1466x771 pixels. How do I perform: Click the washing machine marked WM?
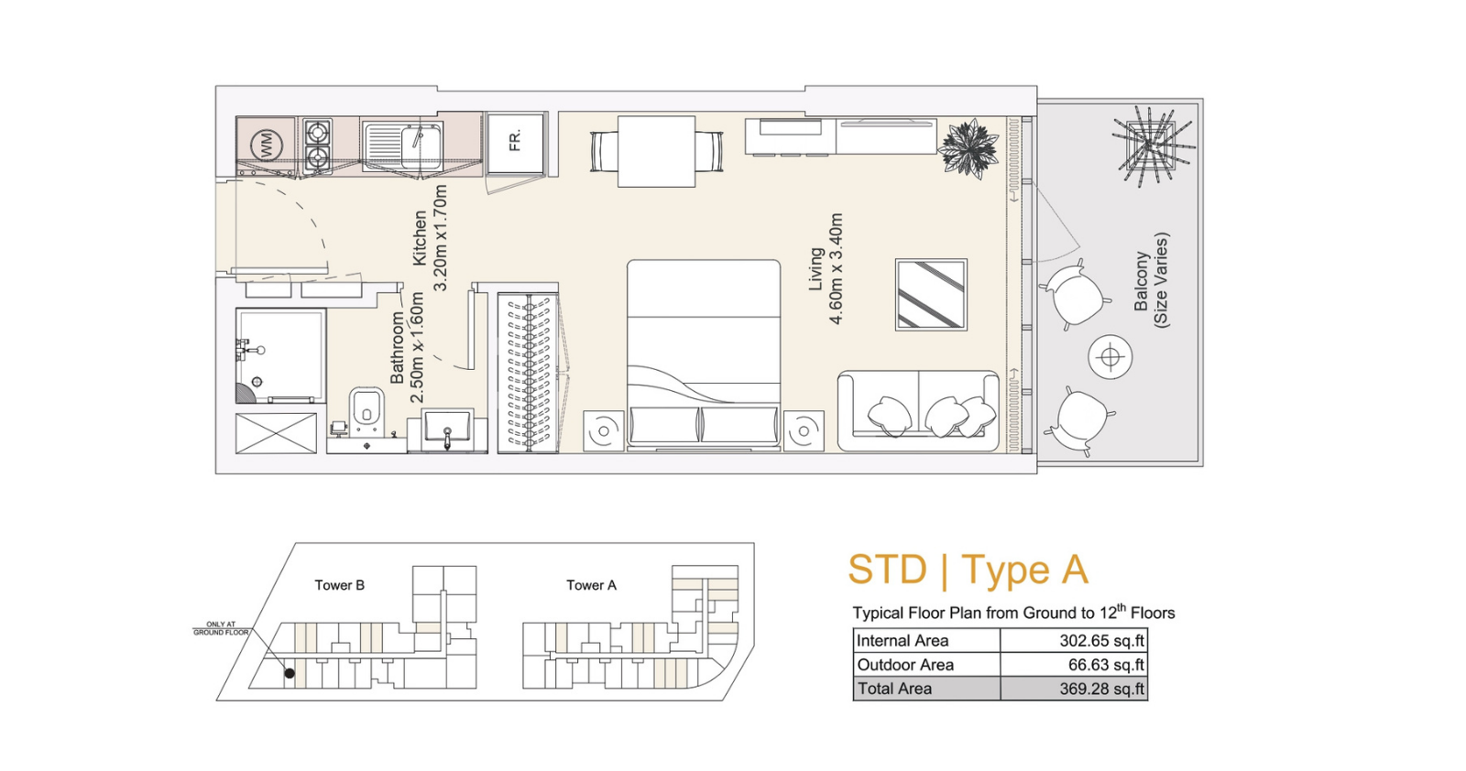(x=266, y=146)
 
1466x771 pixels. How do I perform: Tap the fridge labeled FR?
(x=516, y=143)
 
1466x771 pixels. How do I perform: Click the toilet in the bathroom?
(x=366, y=410)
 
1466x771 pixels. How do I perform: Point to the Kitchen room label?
(x=420, y=238)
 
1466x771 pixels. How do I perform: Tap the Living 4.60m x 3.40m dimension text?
(x=826, y=269)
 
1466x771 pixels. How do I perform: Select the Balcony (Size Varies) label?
(x=1152, y=280)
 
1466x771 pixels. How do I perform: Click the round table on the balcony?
(x=1110, y=357)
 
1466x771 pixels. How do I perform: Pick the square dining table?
(x=656, y=152)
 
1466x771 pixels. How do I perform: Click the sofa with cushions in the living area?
(x=918, y=410)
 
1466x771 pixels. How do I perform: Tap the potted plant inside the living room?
(x=968, y=147)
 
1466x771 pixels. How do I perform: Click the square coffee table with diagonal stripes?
(x=931, y=294)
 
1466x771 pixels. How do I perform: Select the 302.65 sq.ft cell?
(x=1102, y=640)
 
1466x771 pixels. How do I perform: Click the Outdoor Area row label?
(x=905, y=665)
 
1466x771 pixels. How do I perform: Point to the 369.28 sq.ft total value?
(x=1102, y=689)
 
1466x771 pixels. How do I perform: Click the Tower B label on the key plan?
(x=339, y=585)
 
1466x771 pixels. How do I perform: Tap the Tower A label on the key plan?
(x=592, y=585)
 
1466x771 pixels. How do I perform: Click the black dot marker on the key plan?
(x=290, y=673)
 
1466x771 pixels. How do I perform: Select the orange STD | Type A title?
(x=968, y=570)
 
